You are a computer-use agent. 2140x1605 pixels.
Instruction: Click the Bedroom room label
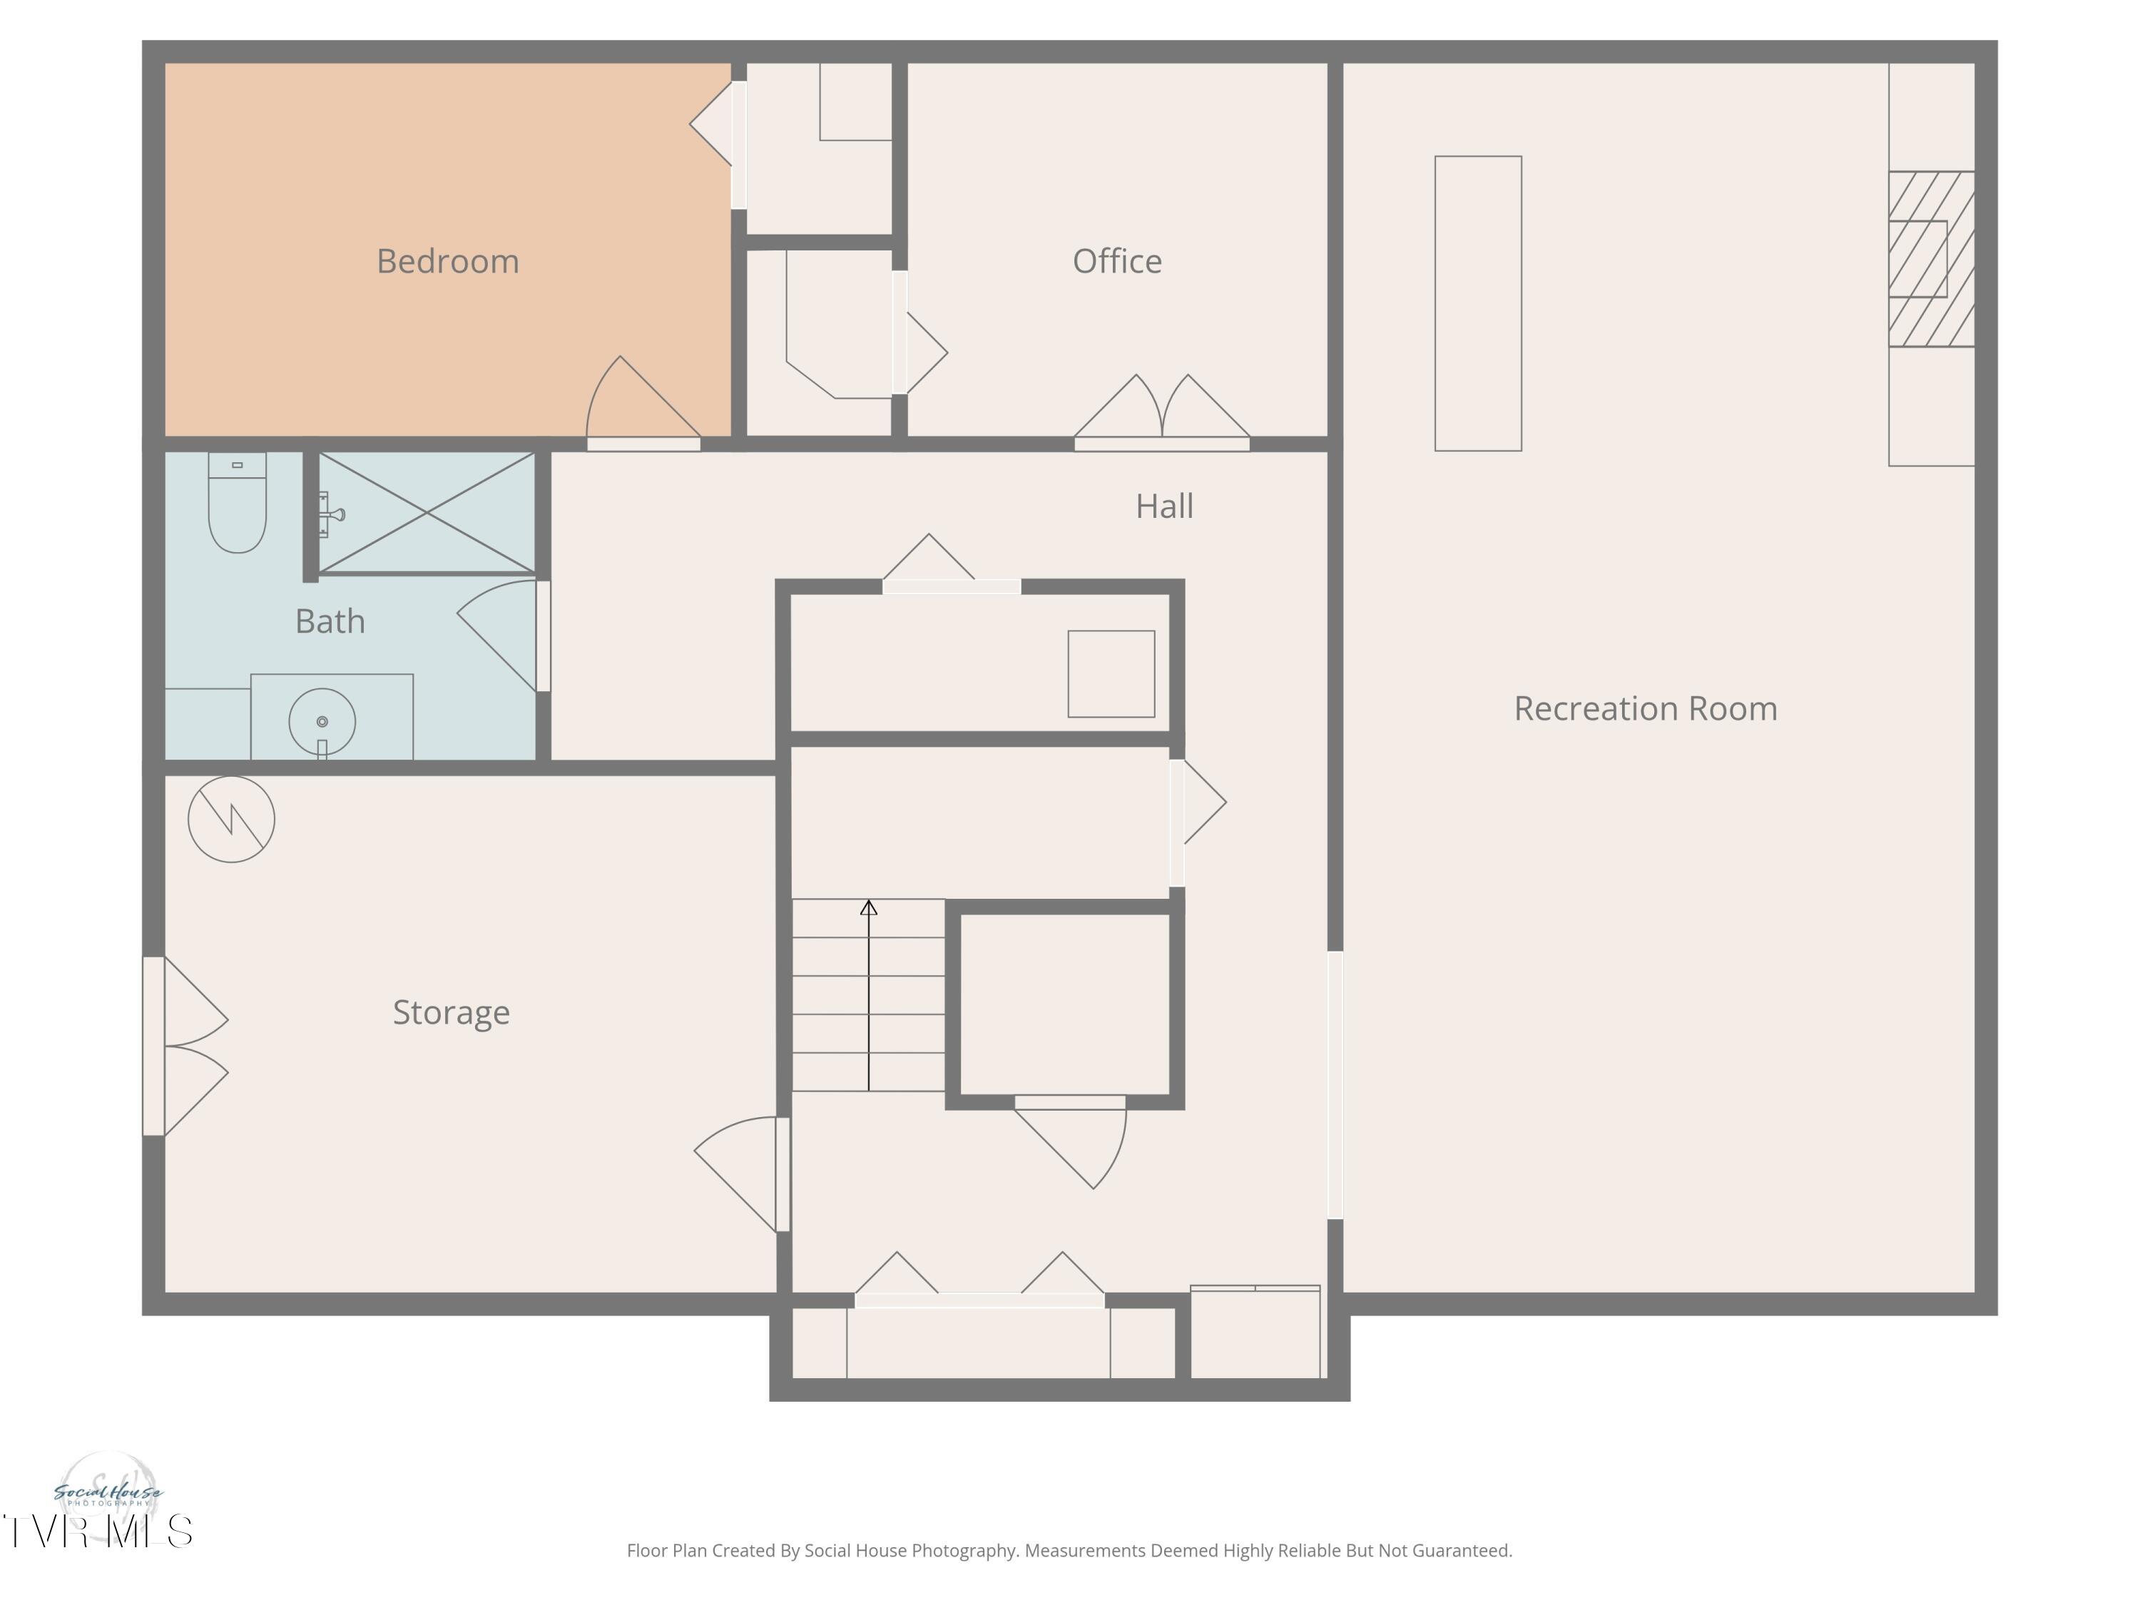(447, 261)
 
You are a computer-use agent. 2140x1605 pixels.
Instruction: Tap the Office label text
(1117, 260)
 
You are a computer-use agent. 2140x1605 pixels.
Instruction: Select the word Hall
(1164, 506)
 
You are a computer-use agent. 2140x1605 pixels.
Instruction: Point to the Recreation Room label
(1646, 708)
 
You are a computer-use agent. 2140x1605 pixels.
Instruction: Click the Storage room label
(451, 1012)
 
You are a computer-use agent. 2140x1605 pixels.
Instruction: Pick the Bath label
(330, 621)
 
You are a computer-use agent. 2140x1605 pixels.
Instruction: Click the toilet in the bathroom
(237, 503)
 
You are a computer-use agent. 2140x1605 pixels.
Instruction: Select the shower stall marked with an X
(427, 513)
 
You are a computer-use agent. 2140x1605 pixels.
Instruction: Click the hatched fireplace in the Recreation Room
(1931, 259)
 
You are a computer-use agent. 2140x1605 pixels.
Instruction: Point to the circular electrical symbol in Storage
(231, 820)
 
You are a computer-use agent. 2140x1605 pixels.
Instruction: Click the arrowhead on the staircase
(869, 907)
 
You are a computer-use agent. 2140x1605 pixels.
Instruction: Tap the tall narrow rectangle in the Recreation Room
(1478, 304)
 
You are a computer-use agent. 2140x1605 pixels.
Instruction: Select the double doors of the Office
(1162, 411)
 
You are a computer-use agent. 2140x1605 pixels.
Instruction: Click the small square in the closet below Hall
(1111, 674)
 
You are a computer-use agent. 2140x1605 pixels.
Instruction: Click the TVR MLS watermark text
(98, 1532)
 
